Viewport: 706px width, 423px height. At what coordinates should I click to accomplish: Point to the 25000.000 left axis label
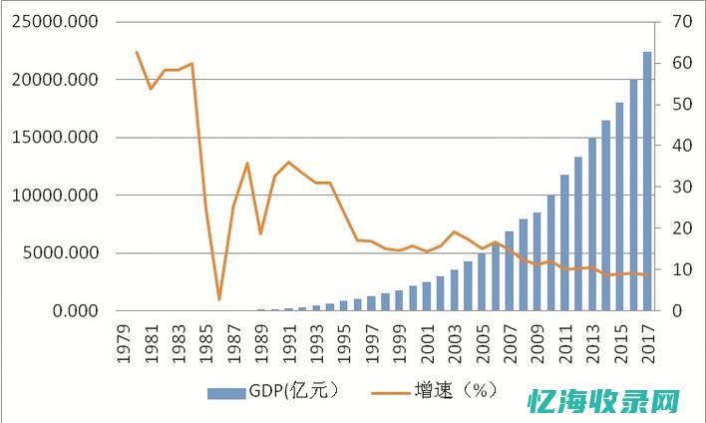56,21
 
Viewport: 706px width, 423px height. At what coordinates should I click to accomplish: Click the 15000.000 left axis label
56,137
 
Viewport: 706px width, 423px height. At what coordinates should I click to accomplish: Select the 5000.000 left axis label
61,252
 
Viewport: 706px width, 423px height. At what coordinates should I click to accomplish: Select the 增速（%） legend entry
439,391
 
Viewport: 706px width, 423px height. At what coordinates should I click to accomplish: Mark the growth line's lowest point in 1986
219,299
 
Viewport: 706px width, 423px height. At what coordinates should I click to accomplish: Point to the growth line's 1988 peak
247,163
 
